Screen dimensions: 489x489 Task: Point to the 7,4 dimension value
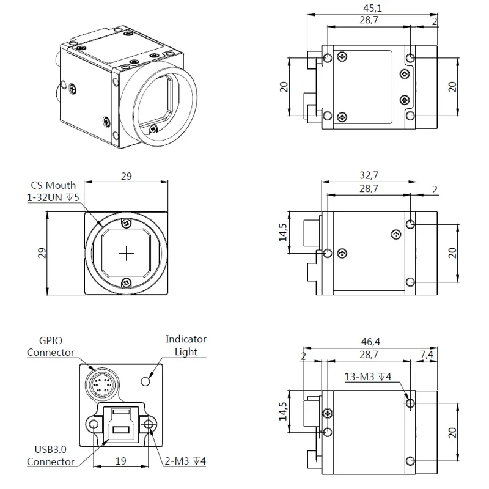427,355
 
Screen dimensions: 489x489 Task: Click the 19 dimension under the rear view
120,461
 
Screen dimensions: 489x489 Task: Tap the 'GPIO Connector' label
50,347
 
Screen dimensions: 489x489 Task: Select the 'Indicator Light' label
186,345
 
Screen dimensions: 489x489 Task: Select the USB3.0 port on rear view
120,424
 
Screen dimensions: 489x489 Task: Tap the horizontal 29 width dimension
127,176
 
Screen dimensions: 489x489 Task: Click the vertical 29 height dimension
42,252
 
